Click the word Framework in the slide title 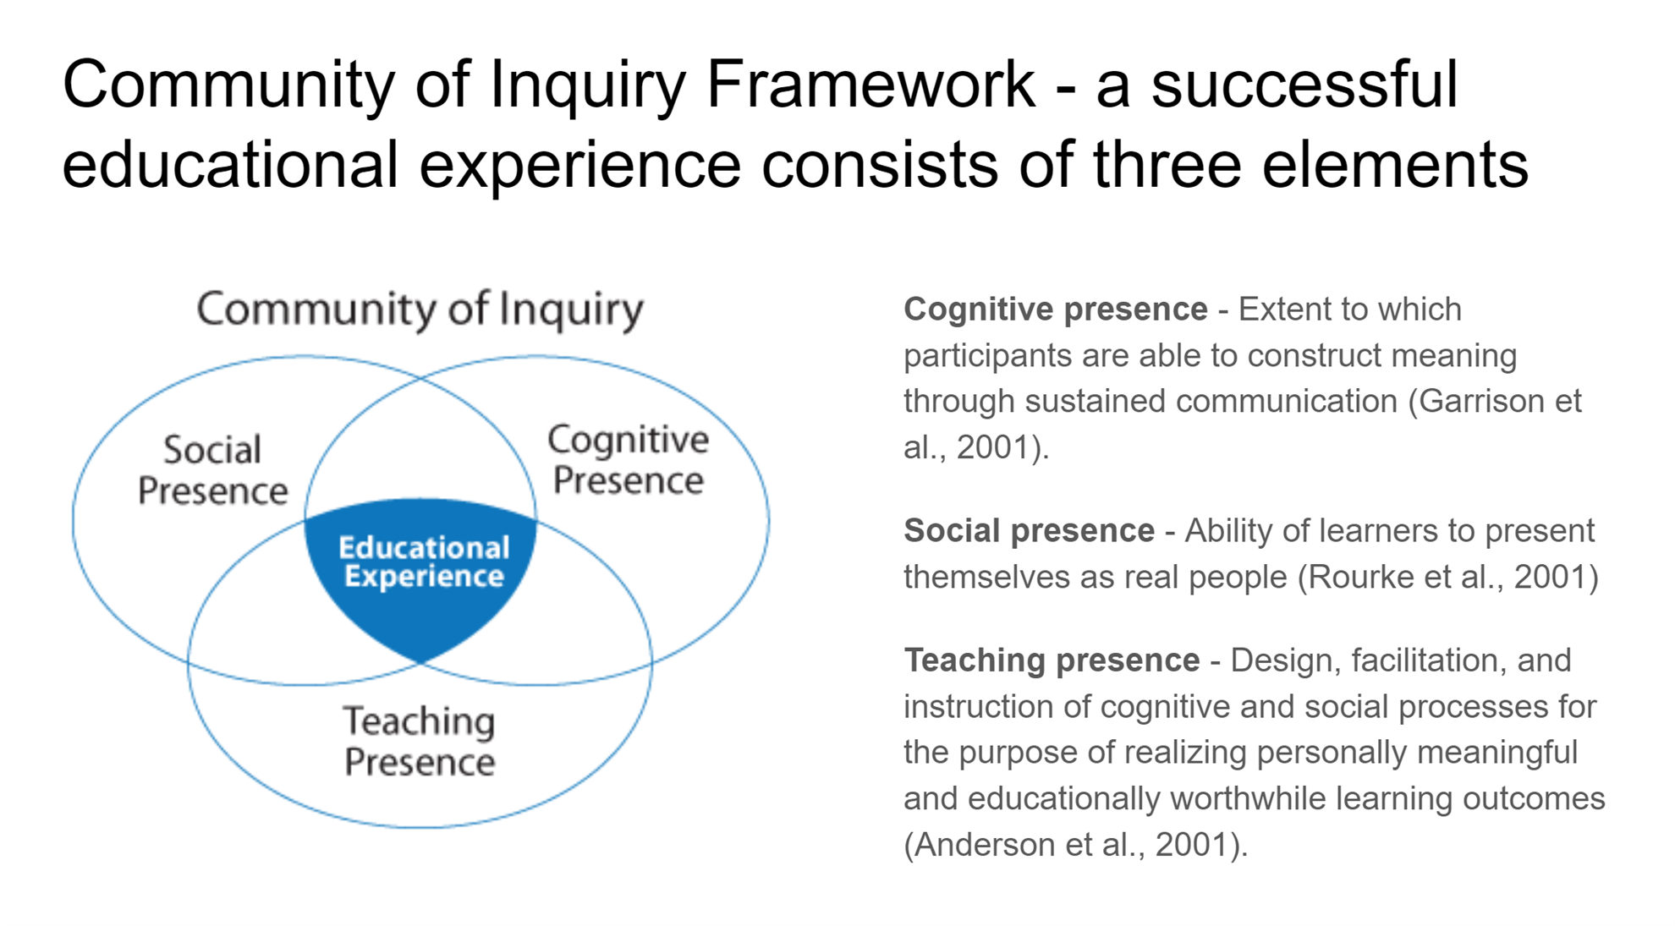point(870,85)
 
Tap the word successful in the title point(1304,85)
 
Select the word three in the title point(1167,165)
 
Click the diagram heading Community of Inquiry point(420,310)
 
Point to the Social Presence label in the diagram point(212,470)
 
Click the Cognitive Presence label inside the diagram point(628,459)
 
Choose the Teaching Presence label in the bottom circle point(420,741)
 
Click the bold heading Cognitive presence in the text point(1055,310)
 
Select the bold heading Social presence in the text point(1029,531)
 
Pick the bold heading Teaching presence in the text point(1052,660)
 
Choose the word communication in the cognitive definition point(1286,401)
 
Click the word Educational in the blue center point(424,548)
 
